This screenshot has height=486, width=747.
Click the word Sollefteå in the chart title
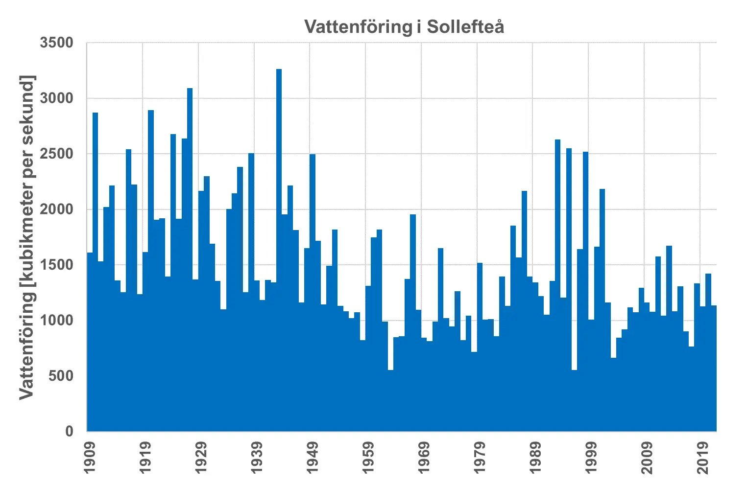[465, 26]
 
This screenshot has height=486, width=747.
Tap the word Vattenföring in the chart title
[358, 26]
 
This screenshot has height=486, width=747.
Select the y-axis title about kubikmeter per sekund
[27, 237]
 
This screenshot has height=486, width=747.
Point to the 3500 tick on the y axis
[56, 43]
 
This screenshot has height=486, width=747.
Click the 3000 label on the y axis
[56, 98]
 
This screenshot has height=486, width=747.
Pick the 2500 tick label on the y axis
[56, 154]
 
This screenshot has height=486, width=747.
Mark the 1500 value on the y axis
[56, 265]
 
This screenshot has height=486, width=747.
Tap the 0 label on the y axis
[69, 431]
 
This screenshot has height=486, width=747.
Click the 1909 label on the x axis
[90, 458]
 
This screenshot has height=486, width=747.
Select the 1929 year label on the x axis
[201, 458]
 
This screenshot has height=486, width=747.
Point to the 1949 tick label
[312, 458]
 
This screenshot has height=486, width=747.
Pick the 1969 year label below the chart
[423, 458]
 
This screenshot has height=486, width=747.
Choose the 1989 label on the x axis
[535, 458]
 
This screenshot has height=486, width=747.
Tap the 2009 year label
[647, 458]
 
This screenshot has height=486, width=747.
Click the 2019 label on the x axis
[702, 458]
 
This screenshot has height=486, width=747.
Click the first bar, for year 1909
[90, 343]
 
